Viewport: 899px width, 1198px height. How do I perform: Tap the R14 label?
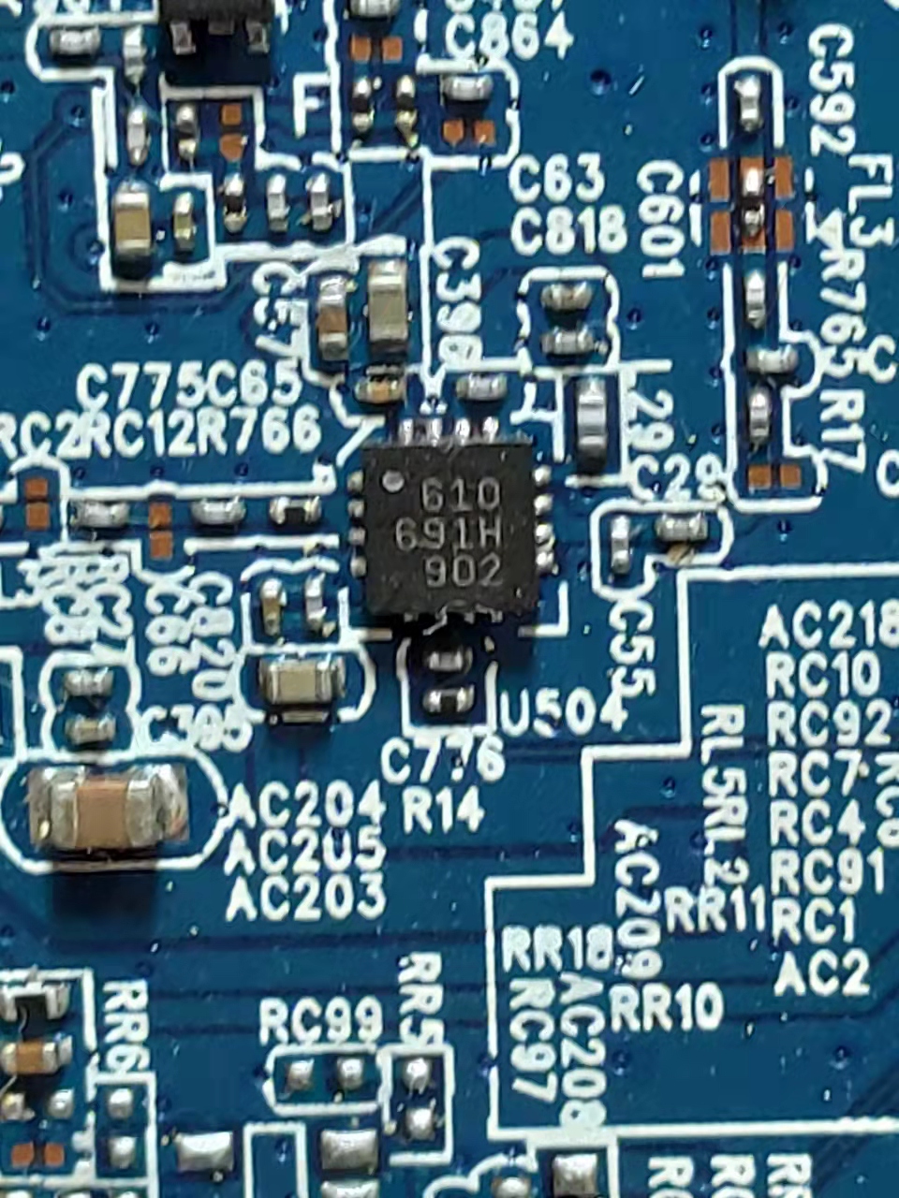point(443,808)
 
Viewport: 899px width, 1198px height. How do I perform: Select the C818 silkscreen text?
point(569,230)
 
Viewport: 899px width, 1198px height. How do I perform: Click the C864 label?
point(508,37)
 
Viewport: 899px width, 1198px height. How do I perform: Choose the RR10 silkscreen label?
point(666,1007)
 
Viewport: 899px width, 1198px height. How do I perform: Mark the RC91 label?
point(826,874)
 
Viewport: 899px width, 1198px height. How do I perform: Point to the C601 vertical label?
point(661,220)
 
